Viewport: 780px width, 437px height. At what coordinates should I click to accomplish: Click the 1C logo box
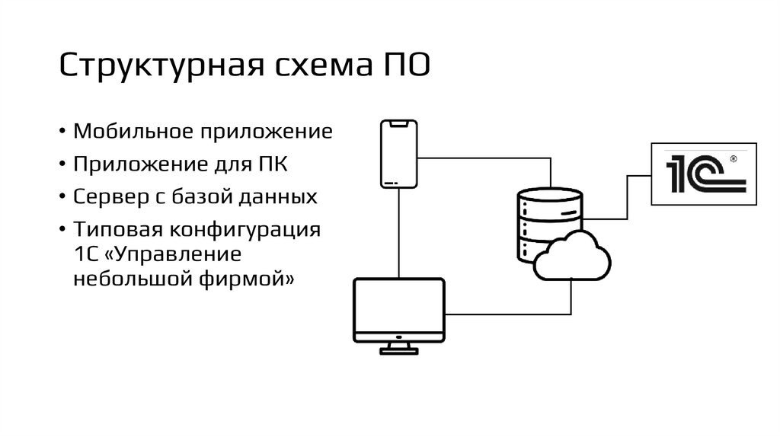pyautogui.click(x=704, y=173)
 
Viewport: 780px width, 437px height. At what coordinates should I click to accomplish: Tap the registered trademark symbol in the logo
pyautogui.click(x=733, y=160)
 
